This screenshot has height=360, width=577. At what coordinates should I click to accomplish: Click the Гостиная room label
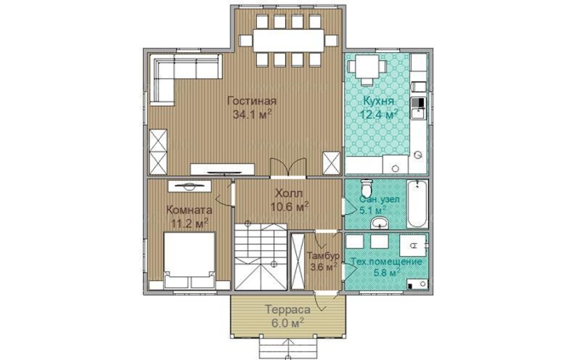[x=252, y=101]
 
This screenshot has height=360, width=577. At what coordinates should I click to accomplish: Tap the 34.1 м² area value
[x=252, y=114]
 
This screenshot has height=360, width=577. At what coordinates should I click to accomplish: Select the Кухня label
[x=379, y=101]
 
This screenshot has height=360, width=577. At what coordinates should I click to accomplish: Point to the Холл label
[x=289, y=193]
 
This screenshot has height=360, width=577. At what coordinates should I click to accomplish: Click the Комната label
[x=189, y=210]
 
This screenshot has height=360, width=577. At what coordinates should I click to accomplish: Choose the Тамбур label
[x=323, y=255]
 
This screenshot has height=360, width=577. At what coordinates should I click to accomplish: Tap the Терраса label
[x=287, y=310]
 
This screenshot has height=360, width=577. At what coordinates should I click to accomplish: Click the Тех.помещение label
[x=386, y=262]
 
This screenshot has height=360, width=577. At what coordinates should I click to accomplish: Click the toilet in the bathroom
[x=367, y=189]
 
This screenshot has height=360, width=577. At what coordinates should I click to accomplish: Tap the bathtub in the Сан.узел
[x=417, y=203]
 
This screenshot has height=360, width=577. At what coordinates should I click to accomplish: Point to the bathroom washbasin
[x=380, y=223]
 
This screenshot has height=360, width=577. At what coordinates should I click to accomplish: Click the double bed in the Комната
[x=189, y=260]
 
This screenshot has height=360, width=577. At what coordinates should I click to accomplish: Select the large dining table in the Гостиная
[x=289, y=41]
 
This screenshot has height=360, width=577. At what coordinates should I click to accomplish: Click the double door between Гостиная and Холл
[x=288, y=168]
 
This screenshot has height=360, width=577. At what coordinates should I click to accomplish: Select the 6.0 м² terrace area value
[x=287, y=322]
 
